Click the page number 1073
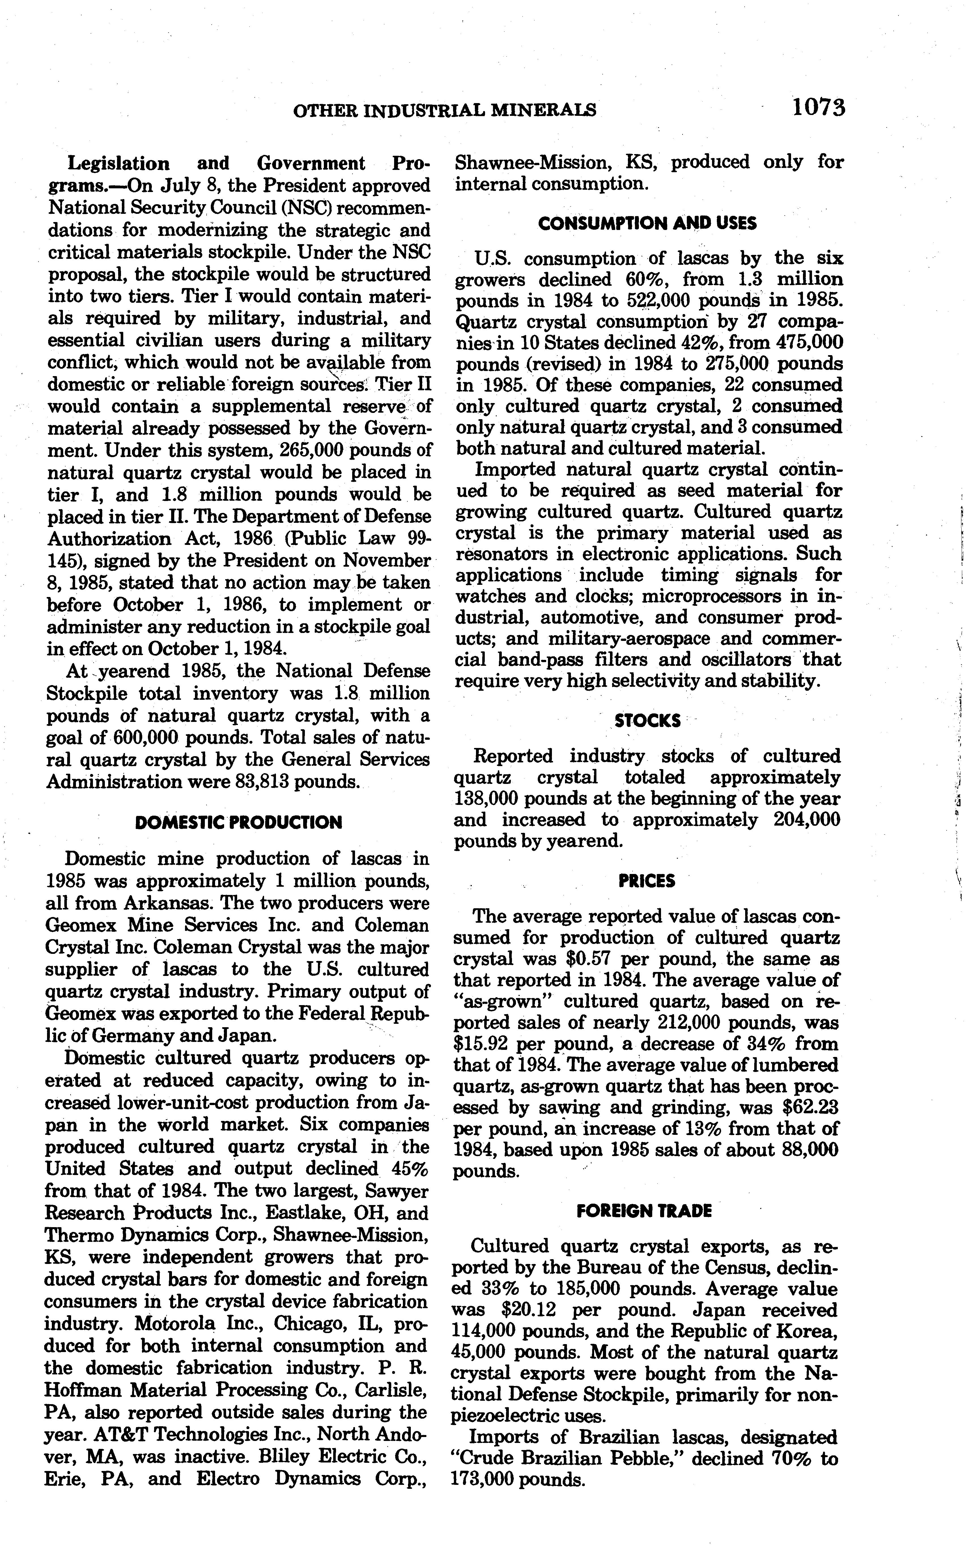[x=818, y=107]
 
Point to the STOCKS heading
[x=647, y=720]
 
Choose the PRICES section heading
[x=647, y=881]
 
